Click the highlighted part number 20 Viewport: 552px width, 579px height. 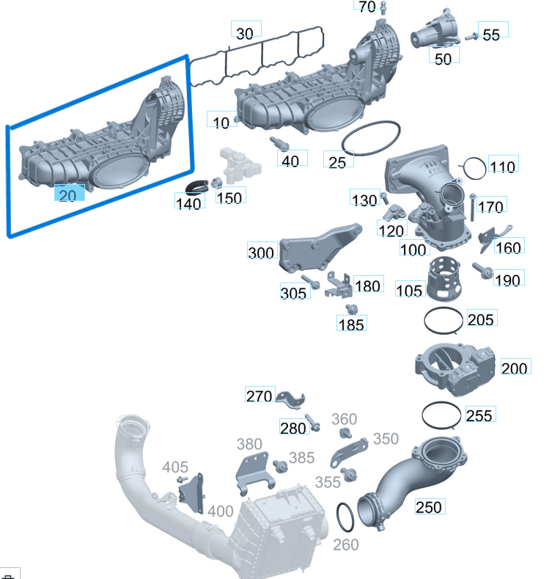67,195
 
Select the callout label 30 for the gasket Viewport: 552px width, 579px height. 245,33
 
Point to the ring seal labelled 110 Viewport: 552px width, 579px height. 473,168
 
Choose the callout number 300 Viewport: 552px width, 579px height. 262,254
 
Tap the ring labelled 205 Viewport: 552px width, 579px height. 445,319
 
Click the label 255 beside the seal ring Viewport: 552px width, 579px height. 479,415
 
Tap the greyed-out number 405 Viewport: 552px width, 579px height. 175,467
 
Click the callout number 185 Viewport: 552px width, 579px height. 352,324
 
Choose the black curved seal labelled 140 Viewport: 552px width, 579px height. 196,187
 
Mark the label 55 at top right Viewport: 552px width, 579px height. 491,34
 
